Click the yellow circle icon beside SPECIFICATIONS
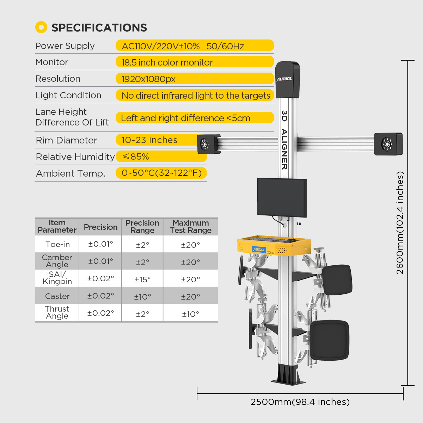click(x=41, y=27)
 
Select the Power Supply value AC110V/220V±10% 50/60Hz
click(x=183, y=46)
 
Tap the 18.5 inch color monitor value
click(x=167, y=62)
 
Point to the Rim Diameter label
click(x=66, y=140)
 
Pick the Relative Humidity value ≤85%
click(x=135, y=157)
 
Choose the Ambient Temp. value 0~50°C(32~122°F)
click(x=161, y=173)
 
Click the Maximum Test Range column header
click(x=190, y=227)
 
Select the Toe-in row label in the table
click(x=57, y=244)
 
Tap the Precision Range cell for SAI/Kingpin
click(x=142, y=279)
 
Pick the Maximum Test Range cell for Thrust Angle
click(x=190, y=314)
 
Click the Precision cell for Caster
click(x=100, y=296)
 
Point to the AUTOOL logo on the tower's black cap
click(x=284, y=79)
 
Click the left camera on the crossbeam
click(x=208, y=144)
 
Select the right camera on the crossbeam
click(x=388, y=144)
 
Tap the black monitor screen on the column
click(x=282, y=197)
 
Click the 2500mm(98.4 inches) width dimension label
click(x=300, y=402)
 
